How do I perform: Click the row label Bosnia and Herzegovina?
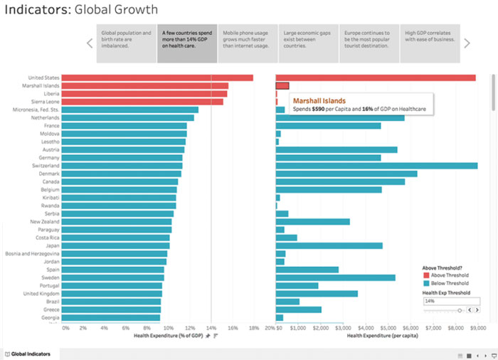click(33, 253)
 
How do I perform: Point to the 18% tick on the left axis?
click(253, 328)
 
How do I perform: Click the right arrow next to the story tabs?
click(467, 43)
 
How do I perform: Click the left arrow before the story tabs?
click(90, 43)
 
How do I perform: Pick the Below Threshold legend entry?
click(445, 282)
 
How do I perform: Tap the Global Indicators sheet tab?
click(30, 354)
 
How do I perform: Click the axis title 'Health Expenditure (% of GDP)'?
click(167, 336)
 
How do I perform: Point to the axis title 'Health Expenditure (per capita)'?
click(382, 336)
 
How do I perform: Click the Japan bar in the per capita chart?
click(329, 245)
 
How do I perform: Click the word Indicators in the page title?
click(37, 10)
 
